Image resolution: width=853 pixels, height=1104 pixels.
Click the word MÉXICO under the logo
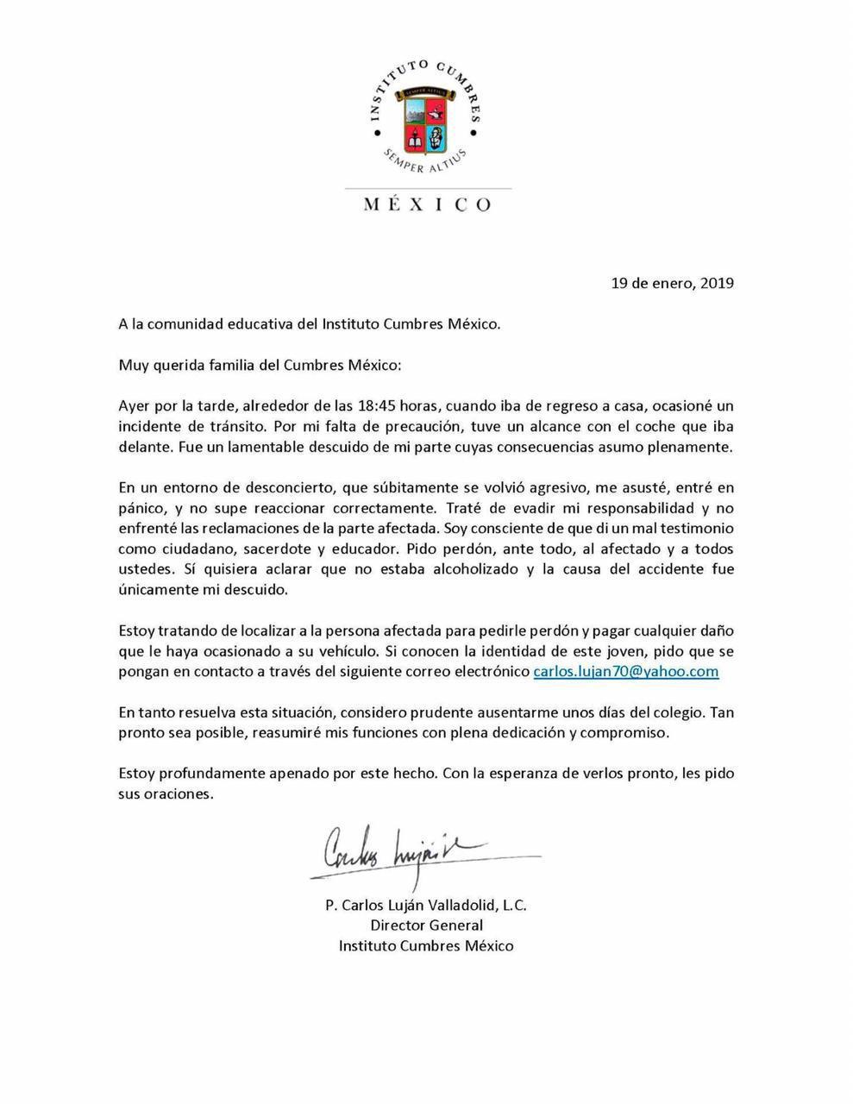[x=427, y=204]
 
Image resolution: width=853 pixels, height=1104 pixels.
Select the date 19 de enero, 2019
[x=673, y=282]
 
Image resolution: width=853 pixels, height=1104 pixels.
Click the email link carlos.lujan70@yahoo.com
[x=626, y=671]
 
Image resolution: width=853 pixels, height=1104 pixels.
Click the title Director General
[x=426, y=925]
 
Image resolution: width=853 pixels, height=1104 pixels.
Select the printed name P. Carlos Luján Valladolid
[x=402, y=906]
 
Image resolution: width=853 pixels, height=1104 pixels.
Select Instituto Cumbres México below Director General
[x=426, y=945]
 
